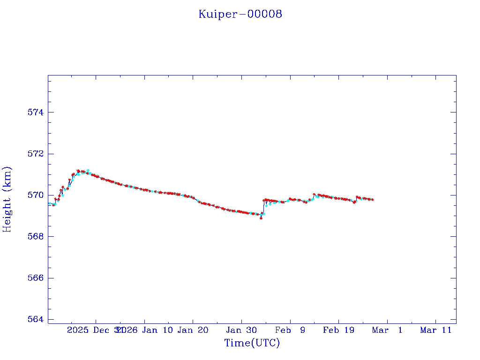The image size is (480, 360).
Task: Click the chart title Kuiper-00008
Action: [x=240, y=14]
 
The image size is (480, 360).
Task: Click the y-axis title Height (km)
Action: [x=7, y=199]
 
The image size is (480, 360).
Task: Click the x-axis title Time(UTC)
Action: [x=252, y=343]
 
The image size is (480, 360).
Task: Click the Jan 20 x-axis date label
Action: [x=193, y=330]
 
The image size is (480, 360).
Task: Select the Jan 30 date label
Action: [x=241, y=330]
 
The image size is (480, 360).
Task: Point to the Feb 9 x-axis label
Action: [x=290, y=330]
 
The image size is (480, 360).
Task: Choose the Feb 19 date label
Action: [x=338, y=330]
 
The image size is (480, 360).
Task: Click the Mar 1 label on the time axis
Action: [x=387, y=330]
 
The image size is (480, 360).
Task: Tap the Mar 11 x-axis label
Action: [x=435, y=330]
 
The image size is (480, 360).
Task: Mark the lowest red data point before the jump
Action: [x=261, y=218]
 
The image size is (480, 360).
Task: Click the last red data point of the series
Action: [x=373, y=200]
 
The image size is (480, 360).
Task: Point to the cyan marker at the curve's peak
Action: [x=88, y=171]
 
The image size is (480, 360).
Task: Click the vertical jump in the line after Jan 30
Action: [x=263, y=208]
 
